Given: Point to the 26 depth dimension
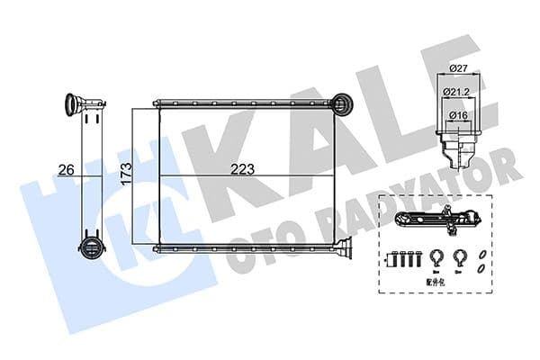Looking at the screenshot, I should pyautogui.click(x=65, y=168).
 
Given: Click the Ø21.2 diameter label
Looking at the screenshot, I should pyautogui.click(x=459, y=93).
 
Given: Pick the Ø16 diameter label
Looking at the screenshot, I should pyautogui.click(x=459, y=116).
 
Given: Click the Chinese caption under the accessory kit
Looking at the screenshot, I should pyautogui.click(x=436, y=280).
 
